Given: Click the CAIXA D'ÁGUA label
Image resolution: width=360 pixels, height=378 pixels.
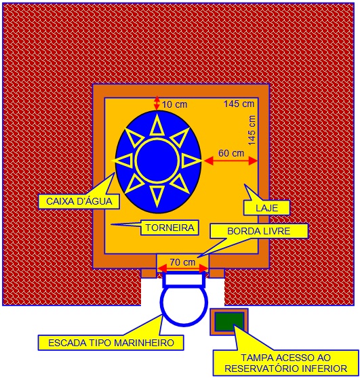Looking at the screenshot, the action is (x=79, y=201).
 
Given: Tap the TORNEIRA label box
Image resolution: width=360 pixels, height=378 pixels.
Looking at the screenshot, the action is (x=169, y=228).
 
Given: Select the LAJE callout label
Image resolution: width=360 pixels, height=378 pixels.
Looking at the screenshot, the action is (x=266, y=208).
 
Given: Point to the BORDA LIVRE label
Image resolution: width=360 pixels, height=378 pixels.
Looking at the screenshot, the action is (x=259, y=231).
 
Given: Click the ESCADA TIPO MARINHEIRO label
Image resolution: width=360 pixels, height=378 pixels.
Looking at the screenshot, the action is (x=111, y=343).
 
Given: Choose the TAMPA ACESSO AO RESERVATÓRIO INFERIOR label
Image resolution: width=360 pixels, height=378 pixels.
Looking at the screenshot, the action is (x=286, y=363).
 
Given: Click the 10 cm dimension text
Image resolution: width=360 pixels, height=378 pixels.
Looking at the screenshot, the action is (x=174, y=104).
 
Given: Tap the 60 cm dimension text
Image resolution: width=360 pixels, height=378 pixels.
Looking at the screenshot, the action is (x=231, y=153).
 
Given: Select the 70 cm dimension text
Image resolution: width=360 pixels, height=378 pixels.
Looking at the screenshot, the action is (x=182, y=262).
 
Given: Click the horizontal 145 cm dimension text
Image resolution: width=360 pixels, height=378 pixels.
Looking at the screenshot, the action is (x=239, y=104).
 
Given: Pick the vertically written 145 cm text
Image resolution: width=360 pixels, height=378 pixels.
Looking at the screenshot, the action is (x=252, y=130).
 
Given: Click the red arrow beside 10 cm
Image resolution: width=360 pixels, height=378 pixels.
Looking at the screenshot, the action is (x=157, y=103).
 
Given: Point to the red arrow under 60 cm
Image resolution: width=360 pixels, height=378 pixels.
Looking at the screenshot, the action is (x=231, y=161).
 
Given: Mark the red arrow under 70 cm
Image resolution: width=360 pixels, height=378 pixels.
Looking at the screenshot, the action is (x=182, y=268).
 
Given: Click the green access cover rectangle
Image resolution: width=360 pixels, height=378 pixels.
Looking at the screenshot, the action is (x=229, y=322).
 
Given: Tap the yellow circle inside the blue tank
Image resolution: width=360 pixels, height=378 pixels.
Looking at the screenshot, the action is (x=157, y=160).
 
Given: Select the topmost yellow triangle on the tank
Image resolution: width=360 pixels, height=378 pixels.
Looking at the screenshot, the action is (x=157, y=125).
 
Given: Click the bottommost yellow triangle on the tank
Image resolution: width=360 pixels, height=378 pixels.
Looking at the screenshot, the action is (x=157, y=196).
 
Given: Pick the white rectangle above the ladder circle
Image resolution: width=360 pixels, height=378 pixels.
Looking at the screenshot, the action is (x=184, y=279).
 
